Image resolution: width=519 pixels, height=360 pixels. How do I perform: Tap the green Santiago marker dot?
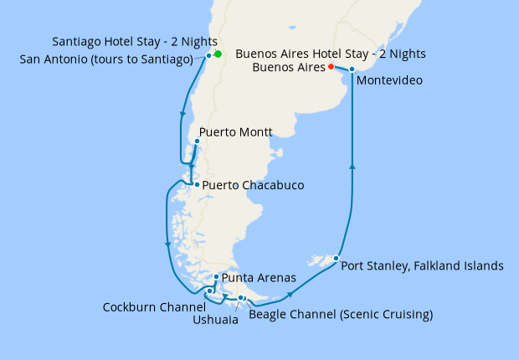[x=218, y=54]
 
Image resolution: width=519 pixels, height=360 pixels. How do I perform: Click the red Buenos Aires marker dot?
[x=331, y=66]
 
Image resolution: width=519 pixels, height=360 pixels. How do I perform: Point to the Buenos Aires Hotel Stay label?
[x=331, y=54]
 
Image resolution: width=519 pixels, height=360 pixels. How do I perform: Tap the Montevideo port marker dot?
[x=352, y=69]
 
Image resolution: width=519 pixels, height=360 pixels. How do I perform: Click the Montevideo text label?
[x=388, y=81]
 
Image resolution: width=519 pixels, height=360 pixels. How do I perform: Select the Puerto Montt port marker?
[x=196, y=141]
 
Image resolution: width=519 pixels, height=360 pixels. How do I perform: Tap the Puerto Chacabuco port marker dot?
[x=196, y=185]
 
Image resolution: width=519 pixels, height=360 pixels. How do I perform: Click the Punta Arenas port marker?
[x=217, y=277]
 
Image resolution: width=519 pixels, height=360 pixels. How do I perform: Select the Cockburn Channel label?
[x=154, y=306]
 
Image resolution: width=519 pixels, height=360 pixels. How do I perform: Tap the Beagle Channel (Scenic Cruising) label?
[x=341, y=315]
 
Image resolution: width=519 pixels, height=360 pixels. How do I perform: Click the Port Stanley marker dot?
[x=336, y=258]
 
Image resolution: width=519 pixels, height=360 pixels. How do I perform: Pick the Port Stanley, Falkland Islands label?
[x=423, y=266]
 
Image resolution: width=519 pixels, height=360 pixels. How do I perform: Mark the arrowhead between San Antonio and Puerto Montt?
[x=182, y=116]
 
